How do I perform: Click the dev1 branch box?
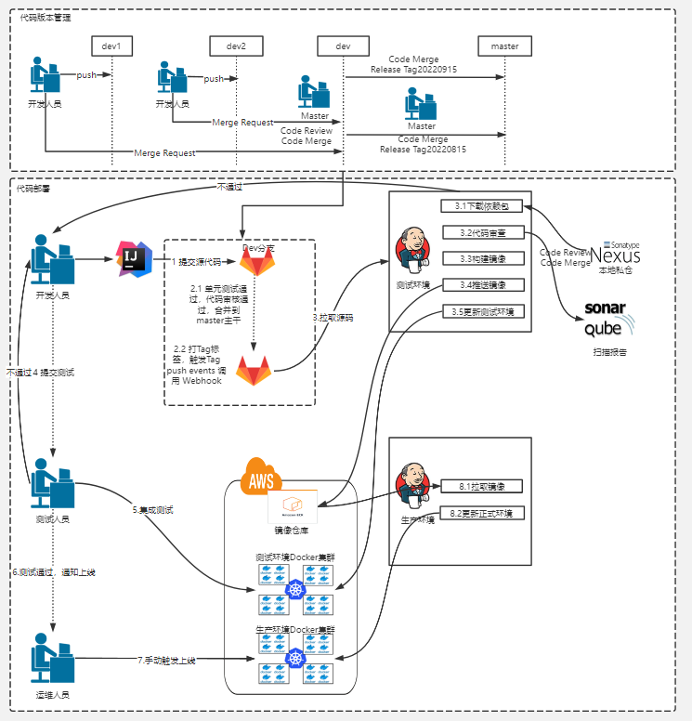pyautogui.click(x=113, y=46)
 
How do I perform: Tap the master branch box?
pyautogui.click(x=505, y=46)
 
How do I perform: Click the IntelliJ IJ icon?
pyautogui.click(x=133, y=259)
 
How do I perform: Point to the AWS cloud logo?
pyautogui.click(x=261, y=478)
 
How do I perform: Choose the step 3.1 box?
pyautogui.click(x=483, y=206)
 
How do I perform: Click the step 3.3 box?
pyautogui.click(x=483, y=258)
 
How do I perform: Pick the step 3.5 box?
pyautogui.click(x=483, y=311)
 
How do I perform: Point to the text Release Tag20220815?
pyautogui.click(x=423, y=149)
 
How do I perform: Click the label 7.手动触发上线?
pyautogui.click(x=167, y=660)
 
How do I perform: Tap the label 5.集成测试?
pyautogui.click(x=153, y=510)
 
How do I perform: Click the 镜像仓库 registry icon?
pyautogui.click(x=293, y=507)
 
